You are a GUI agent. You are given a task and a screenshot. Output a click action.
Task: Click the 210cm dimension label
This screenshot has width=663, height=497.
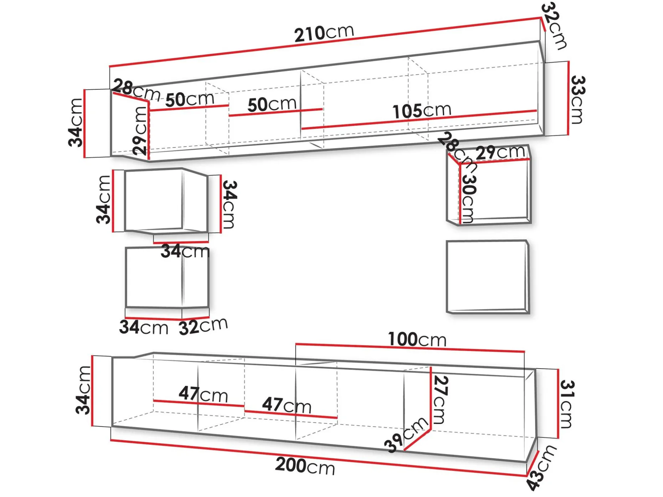324,33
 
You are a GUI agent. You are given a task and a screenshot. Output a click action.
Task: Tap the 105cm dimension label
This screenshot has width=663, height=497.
422,111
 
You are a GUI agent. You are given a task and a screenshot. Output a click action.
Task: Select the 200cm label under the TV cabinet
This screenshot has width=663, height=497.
305,466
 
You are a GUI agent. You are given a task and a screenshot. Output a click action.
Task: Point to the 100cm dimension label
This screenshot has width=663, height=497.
417,339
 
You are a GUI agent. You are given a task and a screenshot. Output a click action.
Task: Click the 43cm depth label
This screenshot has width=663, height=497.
541,467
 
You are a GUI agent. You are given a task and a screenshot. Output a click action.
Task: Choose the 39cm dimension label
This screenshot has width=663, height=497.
406,434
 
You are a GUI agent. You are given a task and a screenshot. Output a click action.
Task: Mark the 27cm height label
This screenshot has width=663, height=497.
441,400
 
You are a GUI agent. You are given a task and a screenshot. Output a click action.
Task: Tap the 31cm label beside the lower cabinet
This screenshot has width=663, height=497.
566,404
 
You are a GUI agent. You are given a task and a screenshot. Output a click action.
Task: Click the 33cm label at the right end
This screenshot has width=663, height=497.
577,100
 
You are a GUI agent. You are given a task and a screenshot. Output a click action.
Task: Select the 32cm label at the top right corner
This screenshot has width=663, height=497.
554,26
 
